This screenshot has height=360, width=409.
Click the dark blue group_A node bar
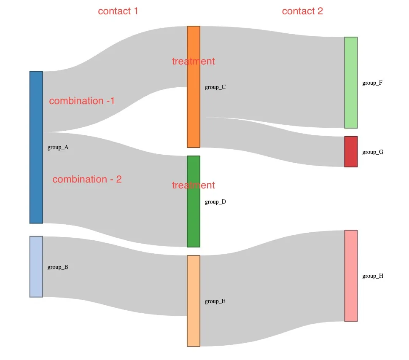tap(36, 147)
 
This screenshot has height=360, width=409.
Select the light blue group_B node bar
tap(36, 266)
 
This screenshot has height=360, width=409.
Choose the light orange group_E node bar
tap(194, 301)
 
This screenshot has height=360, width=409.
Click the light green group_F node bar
tap(351, 83)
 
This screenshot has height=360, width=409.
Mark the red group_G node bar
tap(351, 152)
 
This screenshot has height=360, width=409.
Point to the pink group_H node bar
tap(351, 276)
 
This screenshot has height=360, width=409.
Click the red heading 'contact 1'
tap(118, 11)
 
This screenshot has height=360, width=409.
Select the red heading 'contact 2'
tap(302, 11)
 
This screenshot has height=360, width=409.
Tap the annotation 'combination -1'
tap(82, 101)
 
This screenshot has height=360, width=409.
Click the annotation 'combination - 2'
tap(87, 179)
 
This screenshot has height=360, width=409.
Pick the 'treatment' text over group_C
tap(193, 61)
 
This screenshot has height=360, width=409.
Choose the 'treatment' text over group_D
tap(193, 185)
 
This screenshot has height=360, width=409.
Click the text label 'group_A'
tap(58, 148)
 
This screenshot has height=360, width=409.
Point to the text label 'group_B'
tap(58, 267)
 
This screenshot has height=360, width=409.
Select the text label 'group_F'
tap(372, 83)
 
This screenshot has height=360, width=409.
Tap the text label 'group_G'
tap(373, 152)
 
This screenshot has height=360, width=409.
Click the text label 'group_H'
tap(373, 276)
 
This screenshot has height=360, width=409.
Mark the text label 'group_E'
tap(215, 301)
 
